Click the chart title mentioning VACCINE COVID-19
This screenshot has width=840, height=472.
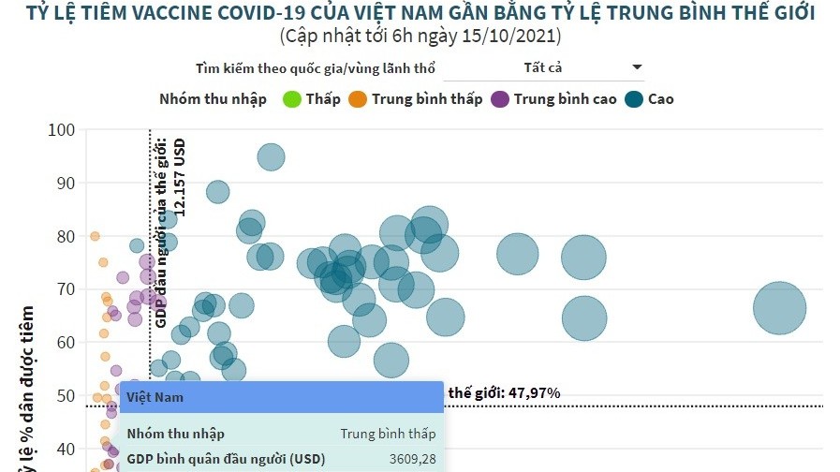[x=420, y=14]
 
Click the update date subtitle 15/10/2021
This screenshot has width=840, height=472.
[x=420, y=37]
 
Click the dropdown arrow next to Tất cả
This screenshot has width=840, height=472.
[x=637, y=67]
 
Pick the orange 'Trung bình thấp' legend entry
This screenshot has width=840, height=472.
[x=416, y=98]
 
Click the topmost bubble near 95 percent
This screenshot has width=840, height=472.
[x=271, y=157]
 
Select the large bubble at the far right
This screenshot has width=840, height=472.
[x=779, y=309]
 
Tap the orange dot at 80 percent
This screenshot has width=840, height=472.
[x=95, y=236]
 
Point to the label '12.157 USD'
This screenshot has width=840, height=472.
[x=179, y=179]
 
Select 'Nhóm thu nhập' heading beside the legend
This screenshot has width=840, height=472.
[x=213, y=98]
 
